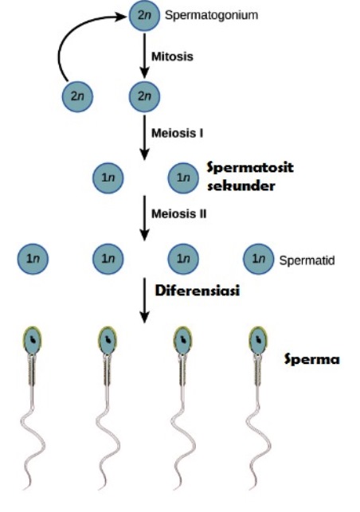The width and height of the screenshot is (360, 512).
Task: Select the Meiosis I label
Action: click(x=176, y=131)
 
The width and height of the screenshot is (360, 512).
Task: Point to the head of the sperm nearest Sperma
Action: click(x=260, y=340)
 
